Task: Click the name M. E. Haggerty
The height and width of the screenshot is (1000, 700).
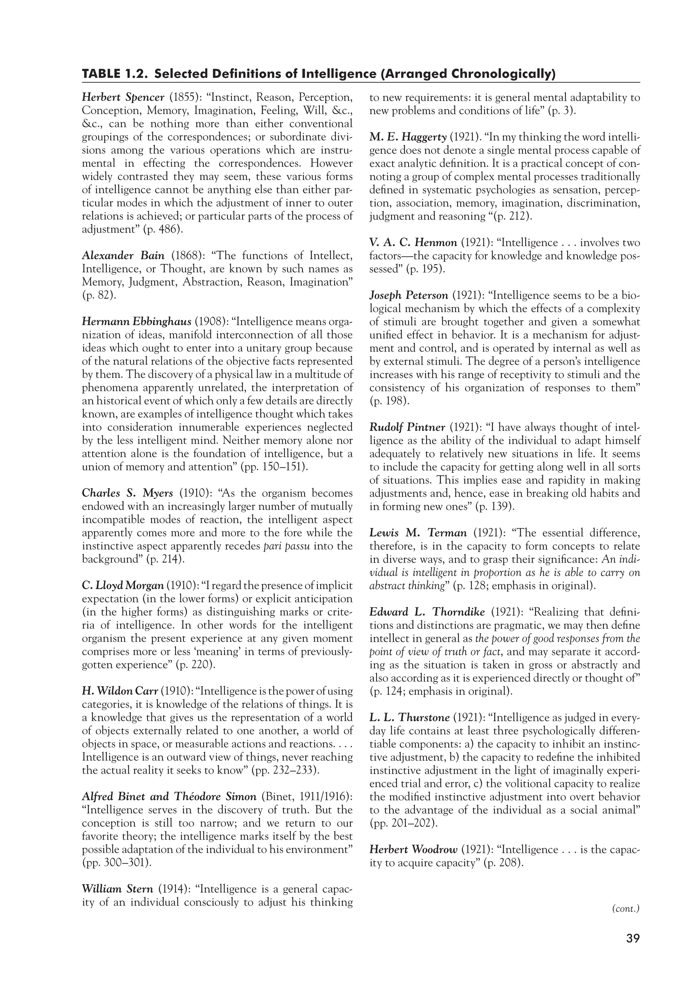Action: click(x=408, y=137)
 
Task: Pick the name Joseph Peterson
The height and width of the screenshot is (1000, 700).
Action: click(x=408, y=296)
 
